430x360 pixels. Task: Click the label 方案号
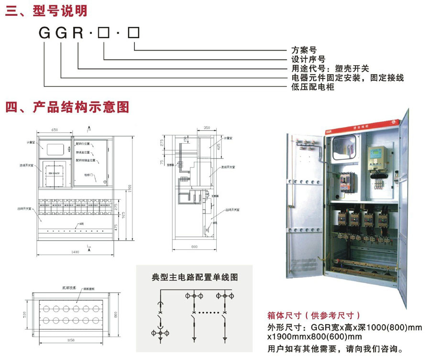point(304,50)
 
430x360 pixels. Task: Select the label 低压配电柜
point(313,87)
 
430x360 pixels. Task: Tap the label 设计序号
point(309,59)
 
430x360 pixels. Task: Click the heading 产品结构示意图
point(81,106)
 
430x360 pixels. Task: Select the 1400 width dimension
point(76,251)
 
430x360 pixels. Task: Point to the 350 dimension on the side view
point(207,128)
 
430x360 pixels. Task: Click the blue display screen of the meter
point(374,155)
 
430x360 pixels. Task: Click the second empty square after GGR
point(134,33)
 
